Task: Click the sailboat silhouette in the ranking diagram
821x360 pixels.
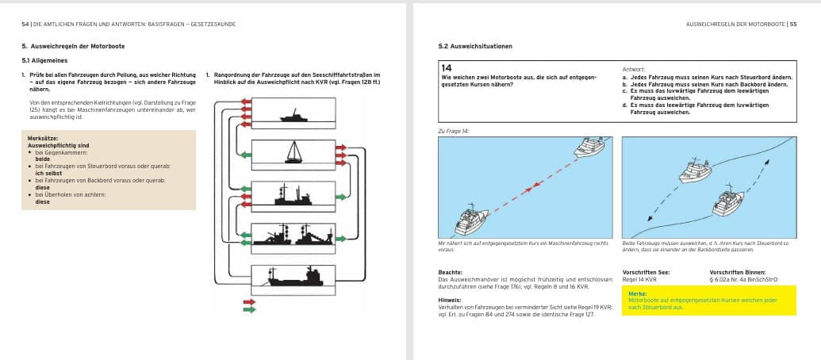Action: pyautogui.click(x=295, y=151)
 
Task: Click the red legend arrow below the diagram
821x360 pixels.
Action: pyautogui.click(x=250, y=302)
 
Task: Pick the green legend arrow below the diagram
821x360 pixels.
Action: pyautogui.click(x=250, y=310)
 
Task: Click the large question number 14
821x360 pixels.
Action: pyautogui.click(x=447, y=69)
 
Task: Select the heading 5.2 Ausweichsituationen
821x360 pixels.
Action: pyautogui.click(x=475, y=46)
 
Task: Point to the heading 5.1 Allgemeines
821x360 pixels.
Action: pyautogui.click(x=44, y=60)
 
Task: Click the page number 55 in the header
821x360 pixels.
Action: pyautogui.click(x=794, y=25)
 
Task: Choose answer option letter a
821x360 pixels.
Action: pyautogui.click(x=624, y=77)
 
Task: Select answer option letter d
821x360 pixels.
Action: pyautogui.click(x=624, y=105)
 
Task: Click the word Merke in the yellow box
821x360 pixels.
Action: pyautogui.click(x=636, y=293)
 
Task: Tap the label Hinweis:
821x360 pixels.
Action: pyautogui.click(x=451, y=300)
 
